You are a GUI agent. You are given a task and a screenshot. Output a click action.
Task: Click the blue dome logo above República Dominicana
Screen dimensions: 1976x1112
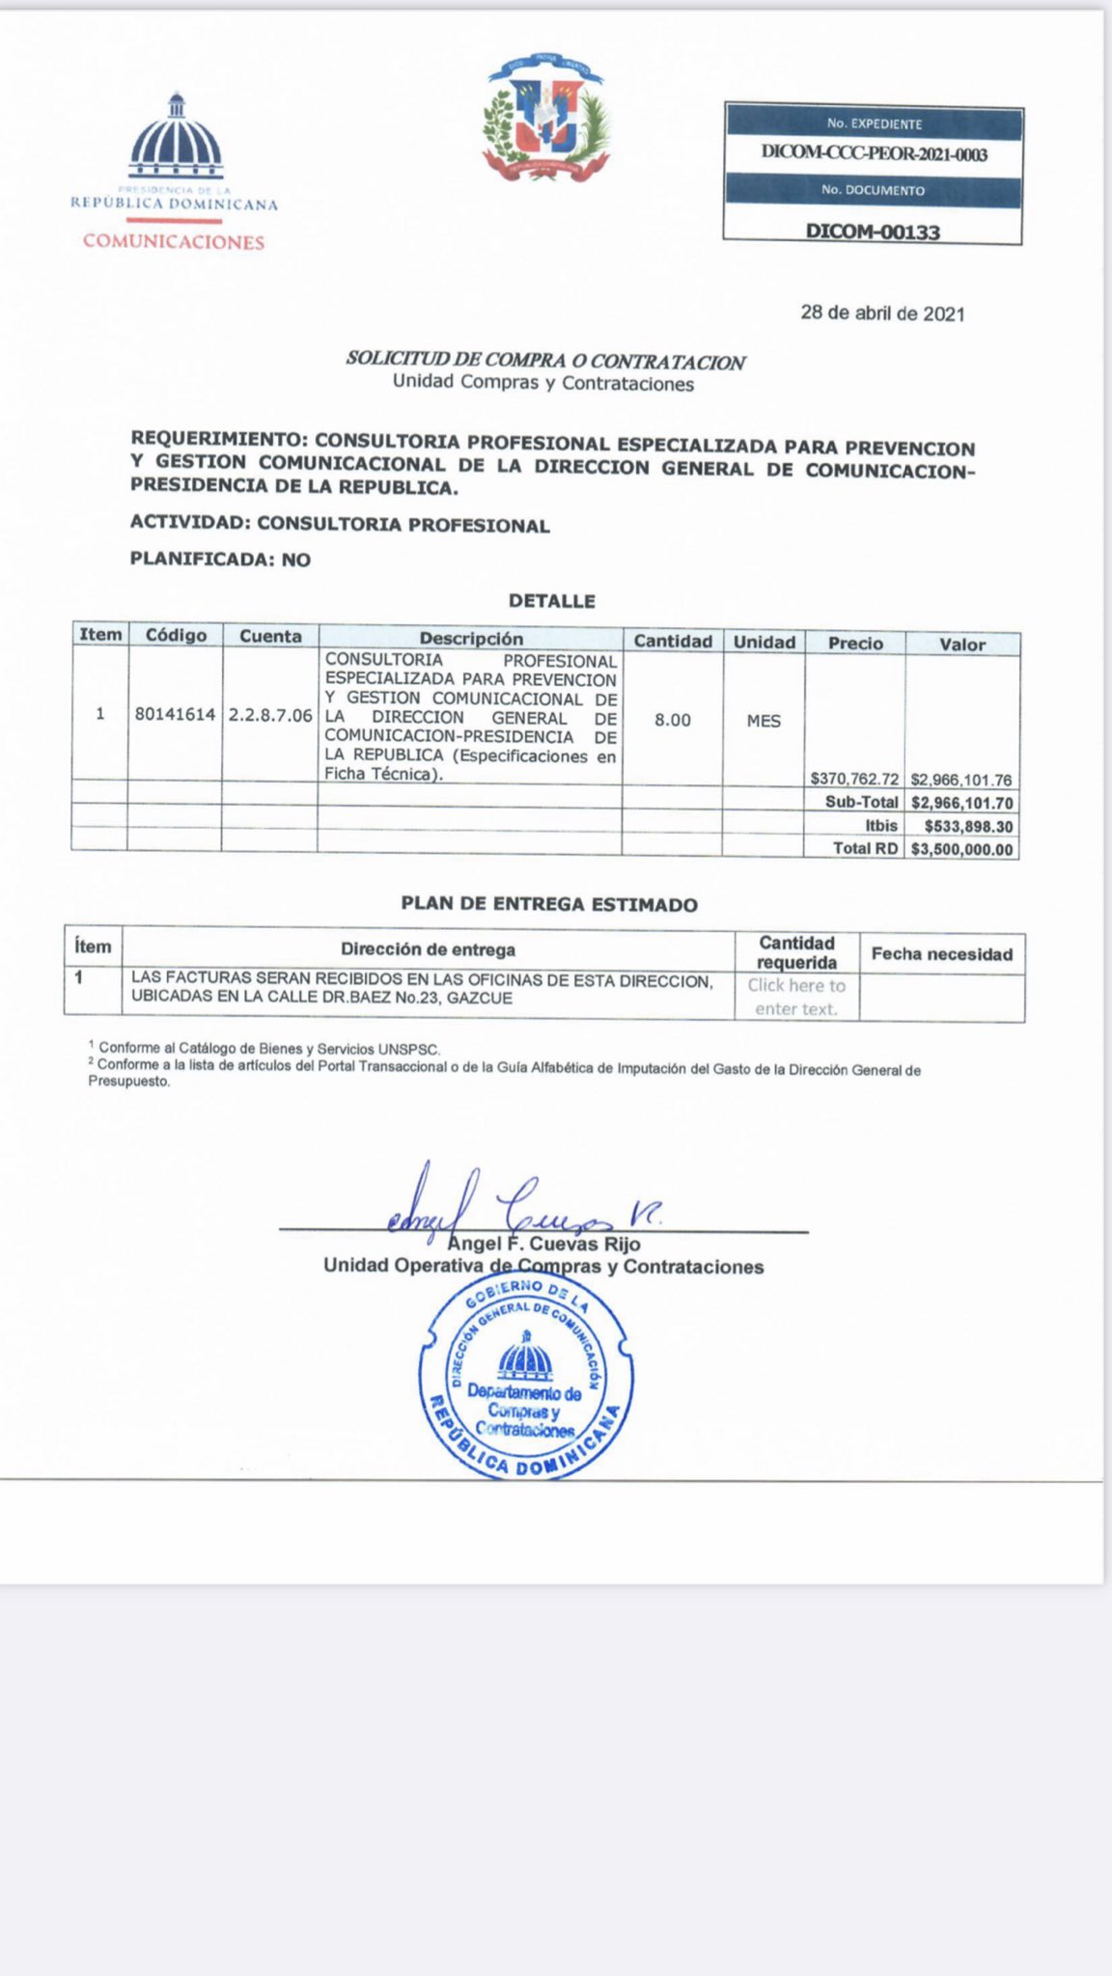point(176,135)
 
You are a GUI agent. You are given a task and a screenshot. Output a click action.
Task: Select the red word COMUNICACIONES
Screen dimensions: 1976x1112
point(174,241)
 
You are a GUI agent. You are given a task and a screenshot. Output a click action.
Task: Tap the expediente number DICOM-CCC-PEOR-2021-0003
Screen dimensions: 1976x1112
point(874,154)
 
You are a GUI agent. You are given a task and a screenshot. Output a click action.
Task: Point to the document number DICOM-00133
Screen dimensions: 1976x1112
point(873,232)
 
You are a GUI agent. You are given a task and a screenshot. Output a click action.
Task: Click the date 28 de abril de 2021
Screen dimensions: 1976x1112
point(882,314)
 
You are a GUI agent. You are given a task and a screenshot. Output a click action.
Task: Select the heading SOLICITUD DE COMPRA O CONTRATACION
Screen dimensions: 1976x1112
point(545,361)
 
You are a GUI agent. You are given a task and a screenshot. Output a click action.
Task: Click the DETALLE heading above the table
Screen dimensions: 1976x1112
point(552,601)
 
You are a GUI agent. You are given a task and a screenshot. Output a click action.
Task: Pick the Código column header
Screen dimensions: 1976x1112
point(176,635)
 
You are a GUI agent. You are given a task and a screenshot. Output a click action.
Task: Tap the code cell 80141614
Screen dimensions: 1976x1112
point(175,715)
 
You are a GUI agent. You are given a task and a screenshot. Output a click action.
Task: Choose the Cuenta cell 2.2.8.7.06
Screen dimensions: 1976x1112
point(270,716)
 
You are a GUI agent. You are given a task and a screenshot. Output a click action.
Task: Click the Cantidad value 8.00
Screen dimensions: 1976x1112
point(672,720)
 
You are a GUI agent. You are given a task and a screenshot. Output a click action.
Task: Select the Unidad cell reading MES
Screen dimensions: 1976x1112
point(764,721)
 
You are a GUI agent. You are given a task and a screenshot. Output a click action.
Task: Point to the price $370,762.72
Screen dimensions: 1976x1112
point(854,778)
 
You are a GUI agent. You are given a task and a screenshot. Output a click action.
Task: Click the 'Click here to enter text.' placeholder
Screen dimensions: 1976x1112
point(796,997)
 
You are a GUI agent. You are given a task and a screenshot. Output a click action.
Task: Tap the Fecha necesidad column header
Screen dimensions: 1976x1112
point(941,954)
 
